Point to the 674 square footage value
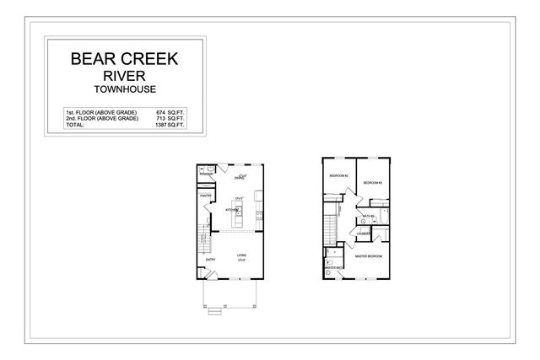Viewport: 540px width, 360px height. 162,111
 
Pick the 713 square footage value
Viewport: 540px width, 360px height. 162,118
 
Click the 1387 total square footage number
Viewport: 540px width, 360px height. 161,125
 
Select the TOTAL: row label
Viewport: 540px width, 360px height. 75,125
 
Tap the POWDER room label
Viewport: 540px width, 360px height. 204,175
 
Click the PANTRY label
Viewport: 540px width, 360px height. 204,196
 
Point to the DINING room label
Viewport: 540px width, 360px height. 240,178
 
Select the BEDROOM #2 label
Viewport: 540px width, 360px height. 338,175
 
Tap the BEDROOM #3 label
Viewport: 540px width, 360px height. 372,182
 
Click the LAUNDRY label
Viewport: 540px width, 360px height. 364,234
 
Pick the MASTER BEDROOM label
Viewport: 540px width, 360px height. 368,255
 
